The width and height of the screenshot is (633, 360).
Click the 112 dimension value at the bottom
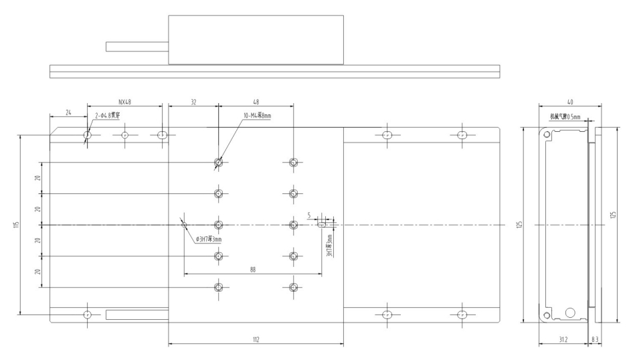tap(256, 341)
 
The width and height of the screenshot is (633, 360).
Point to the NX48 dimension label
tap(125, 102)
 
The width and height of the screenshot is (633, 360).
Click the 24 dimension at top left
tap(68, 113)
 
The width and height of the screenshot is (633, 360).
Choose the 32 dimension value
tap(193, 102)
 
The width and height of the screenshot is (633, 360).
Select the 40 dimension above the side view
tap(569, 102)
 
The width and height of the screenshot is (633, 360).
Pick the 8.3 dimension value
tap(596, 341)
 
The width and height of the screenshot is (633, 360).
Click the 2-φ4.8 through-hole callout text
tap(107, 116)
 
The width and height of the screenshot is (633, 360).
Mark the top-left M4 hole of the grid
tap(218, 162)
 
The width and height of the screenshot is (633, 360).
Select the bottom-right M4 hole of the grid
tap(292, 288)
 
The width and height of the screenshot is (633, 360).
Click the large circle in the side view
tap(571, 312)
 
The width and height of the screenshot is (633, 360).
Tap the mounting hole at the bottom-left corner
tap(87, 314)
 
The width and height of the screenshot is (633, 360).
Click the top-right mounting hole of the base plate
tap(461, 135)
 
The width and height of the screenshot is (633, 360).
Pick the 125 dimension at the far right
tap(613, 215)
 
